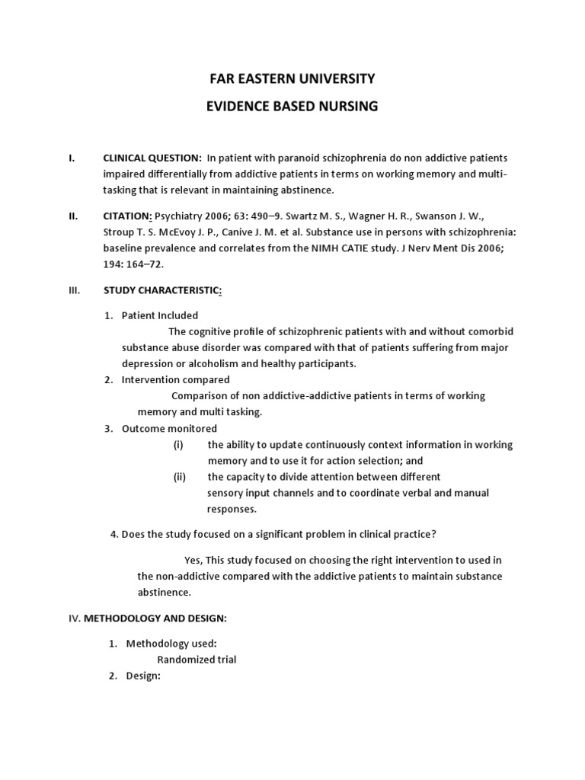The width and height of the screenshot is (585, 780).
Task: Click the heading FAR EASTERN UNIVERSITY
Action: [292, 78]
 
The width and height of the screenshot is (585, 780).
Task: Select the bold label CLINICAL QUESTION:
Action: [152, 158]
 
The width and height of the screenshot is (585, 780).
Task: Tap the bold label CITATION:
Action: [128, 216]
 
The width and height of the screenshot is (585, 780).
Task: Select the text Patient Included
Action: [160, 315]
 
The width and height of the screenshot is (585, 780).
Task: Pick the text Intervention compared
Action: [175, 379]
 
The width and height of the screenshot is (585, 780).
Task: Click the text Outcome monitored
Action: [169, 428]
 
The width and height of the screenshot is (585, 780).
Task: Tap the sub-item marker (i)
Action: [178, 445]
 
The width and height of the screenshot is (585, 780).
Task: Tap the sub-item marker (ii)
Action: [180, 477]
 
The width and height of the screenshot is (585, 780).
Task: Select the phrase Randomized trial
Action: [197, 660]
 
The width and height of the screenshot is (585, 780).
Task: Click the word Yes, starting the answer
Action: [193, 560]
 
